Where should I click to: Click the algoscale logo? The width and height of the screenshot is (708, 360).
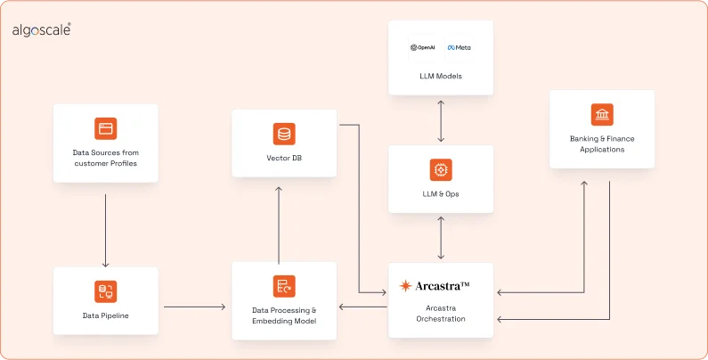click(41, 30)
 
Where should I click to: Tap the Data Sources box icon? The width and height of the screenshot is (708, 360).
click(106, 128)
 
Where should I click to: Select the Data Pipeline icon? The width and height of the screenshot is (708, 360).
click(106, 291)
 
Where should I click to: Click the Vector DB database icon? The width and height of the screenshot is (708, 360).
click(284, 135)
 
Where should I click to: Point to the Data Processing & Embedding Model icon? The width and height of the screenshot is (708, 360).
click(284, 286)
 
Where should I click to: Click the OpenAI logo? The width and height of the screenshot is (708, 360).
click(421, 47)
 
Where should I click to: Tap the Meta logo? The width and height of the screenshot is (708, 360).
click(459, 47)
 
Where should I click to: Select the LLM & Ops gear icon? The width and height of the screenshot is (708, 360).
click(441, 169)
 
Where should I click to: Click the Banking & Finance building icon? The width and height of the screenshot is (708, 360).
click(602, 115)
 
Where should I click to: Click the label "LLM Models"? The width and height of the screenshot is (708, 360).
click(441, 76)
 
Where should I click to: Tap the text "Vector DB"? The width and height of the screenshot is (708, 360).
click(284, 158)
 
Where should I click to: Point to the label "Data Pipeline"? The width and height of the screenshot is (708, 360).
click(106, 315)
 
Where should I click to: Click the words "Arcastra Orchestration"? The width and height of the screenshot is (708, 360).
click(440, 313)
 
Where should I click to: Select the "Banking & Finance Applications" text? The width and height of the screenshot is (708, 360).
click(602, 143)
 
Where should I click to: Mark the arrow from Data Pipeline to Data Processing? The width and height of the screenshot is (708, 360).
click(194, 307)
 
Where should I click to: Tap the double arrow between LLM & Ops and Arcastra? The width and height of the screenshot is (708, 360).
click(441, 238)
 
